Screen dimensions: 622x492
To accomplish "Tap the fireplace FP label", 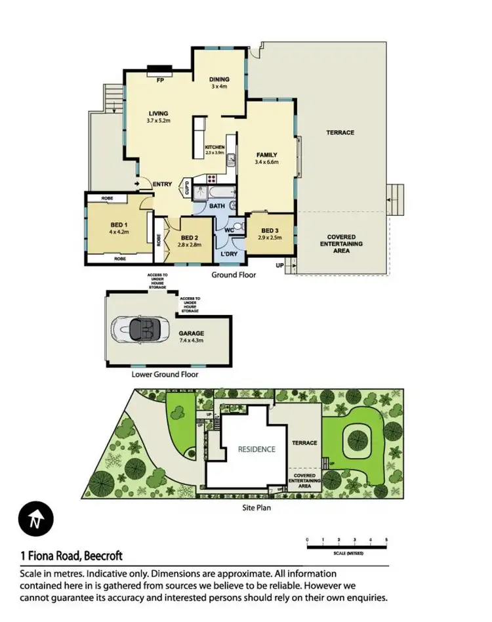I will [159, 81].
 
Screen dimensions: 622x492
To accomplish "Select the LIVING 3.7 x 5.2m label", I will [159, 117].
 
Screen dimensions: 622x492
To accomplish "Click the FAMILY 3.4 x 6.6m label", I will [267, 158].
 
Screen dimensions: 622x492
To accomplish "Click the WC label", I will [230, 230].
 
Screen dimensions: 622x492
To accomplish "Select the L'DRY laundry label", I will [229, 254].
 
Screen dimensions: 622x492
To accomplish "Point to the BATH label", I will [217, 206].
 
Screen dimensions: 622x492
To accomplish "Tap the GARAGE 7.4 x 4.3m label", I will [193, 337].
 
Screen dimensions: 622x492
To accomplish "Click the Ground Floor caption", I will [234, 275].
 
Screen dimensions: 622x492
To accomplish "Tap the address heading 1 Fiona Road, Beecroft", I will [72, 556].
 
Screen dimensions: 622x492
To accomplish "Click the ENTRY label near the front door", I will [162, 184].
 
